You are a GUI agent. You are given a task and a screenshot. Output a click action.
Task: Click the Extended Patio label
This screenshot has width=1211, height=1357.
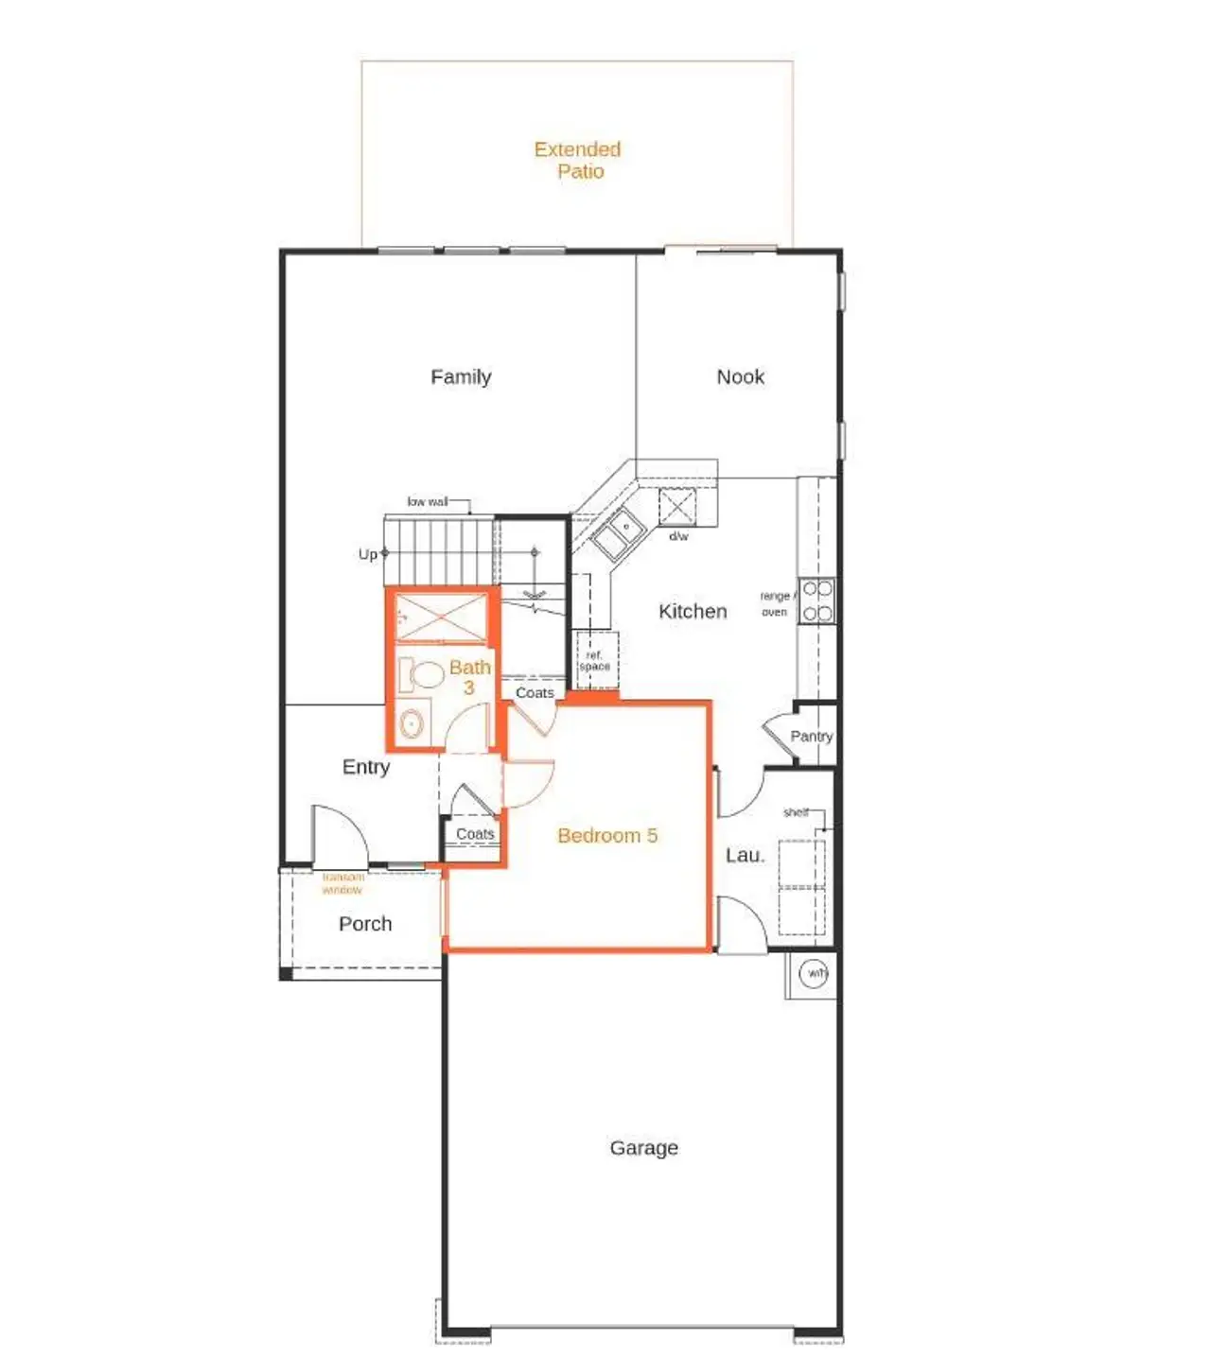coord(577,160)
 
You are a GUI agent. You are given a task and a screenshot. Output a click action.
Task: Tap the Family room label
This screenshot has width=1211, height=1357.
coord(461,376)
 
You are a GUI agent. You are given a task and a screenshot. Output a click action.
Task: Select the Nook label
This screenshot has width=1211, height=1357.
coord(740,376)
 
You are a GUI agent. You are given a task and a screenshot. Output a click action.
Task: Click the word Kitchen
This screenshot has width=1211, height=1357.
coord(693,611)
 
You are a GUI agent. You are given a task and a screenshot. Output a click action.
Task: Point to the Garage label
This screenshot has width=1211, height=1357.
coord(643,1147)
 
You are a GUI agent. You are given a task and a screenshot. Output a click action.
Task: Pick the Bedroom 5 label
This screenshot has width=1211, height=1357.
coord(606,835)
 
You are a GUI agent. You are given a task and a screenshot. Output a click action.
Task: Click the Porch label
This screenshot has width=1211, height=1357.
coord(365,923)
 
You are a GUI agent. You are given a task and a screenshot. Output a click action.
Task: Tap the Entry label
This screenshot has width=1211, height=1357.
coord(366,766)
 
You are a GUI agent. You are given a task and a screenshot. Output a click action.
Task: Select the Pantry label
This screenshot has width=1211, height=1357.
coord(811,736)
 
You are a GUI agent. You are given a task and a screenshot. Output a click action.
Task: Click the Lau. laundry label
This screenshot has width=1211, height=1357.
coord(745,855)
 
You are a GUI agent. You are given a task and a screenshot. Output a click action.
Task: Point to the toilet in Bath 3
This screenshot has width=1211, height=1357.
coord(422,675)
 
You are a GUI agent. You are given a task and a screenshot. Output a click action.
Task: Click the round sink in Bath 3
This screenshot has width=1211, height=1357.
coord(412,723)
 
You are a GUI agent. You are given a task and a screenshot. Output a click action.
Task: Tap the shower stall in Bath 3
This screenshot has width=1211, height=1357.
coord(441,617)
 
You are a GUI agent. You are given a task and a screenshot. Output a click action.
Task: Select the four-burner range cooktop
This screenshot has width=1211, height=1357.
coord(817,601)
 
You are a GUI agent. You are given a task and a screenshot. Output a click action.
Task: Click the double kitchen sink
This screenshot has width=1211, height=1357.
coord(618,534)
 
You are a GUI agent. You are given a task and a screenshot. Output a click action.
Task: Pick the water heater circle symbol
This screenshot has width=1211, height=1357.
coord(814,973)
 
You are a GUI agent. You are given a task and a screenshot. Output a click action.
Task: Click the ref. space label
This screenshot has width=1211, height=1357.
coord(594,660)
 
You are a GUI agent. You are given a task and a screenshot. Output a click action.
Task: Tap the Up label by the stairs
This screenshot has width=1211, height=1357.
coord(367,554)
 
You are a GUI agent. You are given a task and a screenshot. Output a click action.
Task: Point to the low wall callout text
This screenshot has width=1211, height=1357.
coord(427,501)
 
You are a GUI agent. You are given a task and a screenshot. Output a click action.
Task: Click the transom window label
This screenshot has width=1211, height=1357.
coord(342,883)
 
